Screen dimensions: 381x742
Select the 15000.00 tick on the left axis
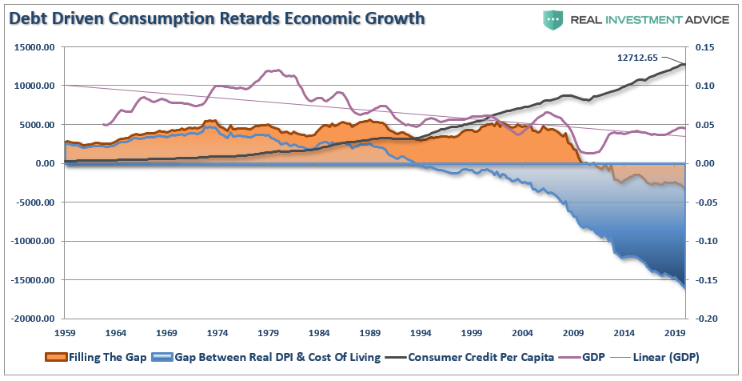pos(33,47)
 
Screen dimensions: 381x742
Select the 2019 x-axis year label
pos(676,331)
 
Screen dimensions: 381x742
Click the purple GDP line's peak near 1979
pos(274,70)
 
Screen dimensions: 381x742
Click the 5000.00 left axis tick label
pos(35,125)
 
